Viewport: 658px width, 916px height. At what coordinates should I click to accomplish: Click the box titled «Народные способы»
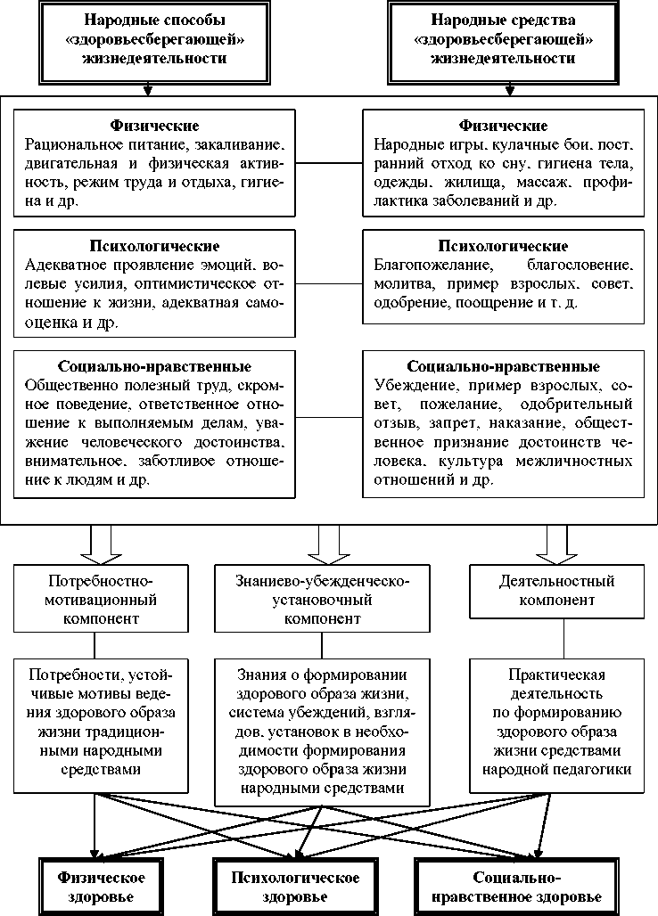(x=154, y=38)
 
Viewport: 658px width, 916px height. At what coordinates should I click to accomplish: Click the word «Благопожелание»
(x=424, y=266)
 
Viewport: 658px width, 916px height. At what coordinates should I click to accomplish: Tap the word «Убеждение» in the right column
(x=412, y=387)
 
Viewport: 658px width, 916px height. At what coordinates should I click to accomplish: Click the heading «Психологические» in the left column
(x=154, y=245)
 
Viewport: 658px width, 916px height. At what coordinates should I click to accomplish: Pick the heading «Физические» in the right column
(x=503, y=126)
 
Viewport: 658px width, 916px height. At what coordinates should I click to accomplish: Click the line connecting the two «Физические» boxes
(x=328, y=163)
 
